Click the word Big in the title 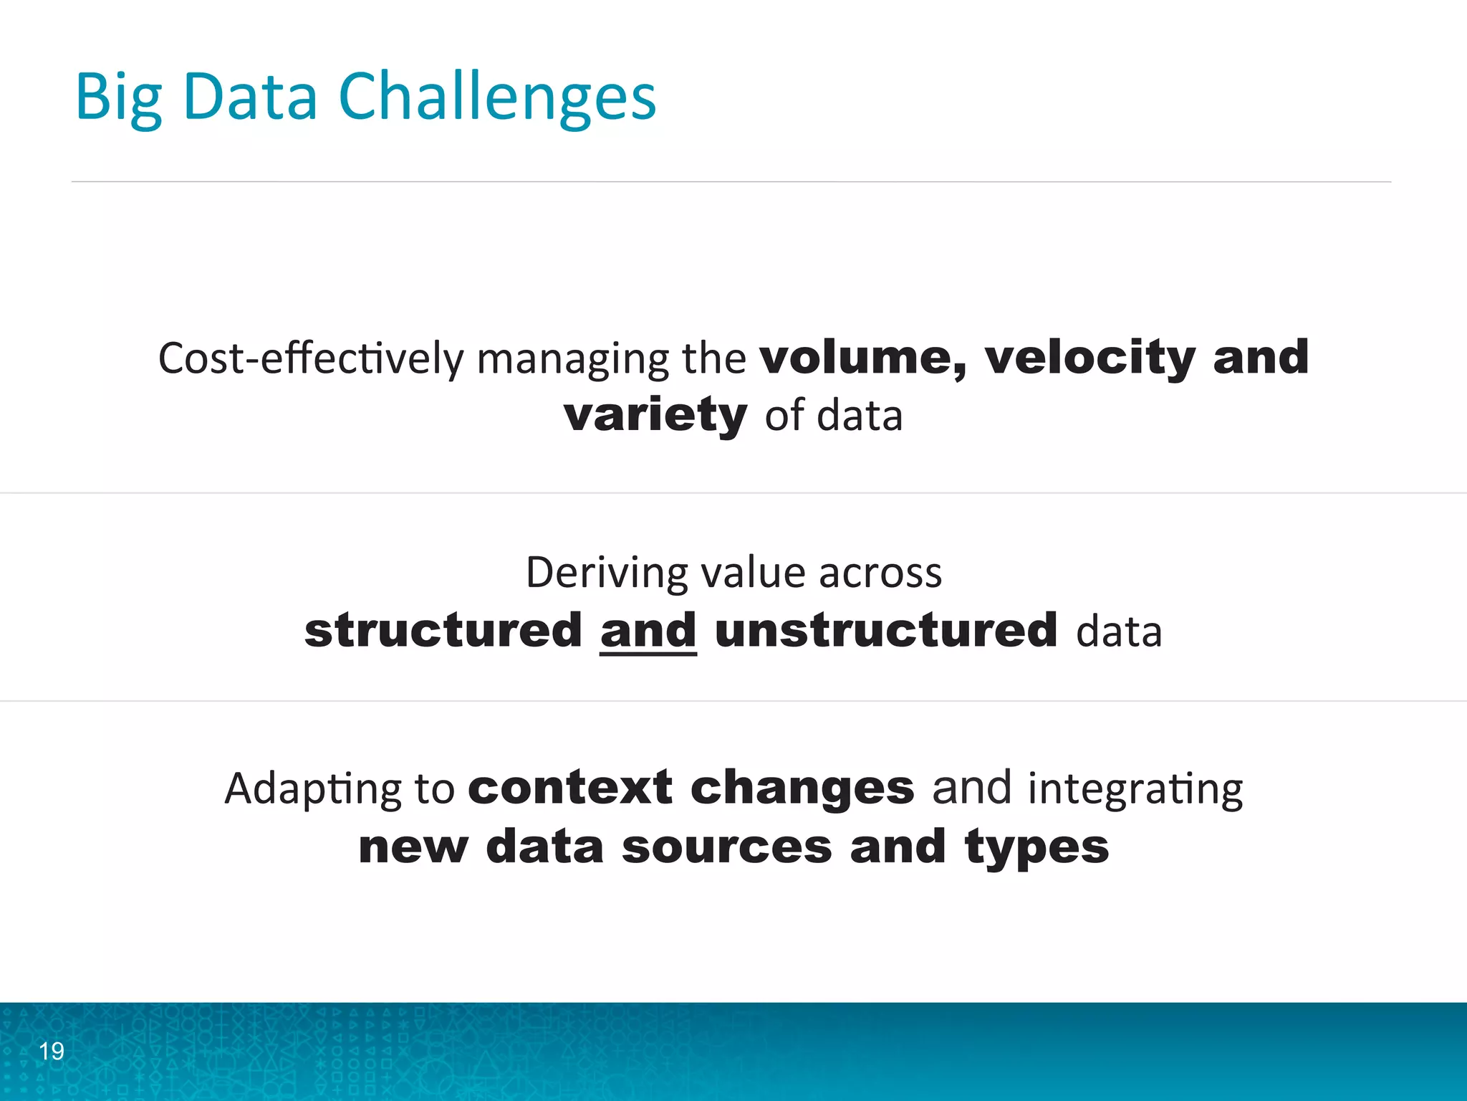(118, 98)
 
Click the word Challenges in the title (497, 98)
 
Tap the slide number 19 (52, 1051)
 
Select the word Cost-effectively (311, 358)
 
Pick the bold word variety (655, 415)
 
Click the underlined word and (648, 631)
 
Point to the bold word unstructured (886, 631)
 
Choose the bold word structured (443, 631)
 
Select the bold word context (570, 788)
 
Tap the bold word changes (802, 789)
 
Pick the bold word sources (727, 847)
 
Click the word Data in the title (250, 98)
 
